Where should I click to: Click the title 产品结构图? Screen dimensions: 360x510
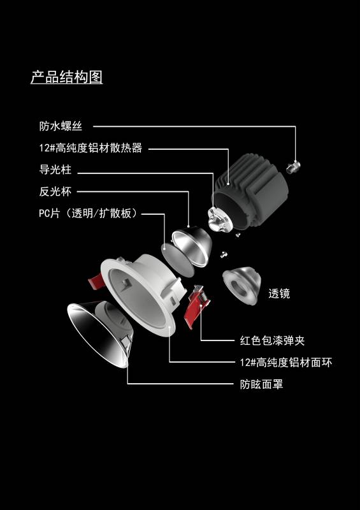[x=67, y=77]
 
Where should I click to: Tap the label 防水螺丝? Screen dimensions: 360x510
[x=61, y=126]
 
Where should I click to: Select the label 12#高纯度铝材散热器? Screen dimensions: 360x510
[x=90, y=148]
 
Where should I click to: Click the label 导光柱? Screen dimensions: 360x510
[x=55, y=170]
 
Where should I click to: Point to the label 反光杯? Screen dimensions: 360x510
[x=55, y=191]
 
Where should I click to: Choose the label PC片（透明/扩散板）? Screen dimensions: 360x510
[x=88, y=214]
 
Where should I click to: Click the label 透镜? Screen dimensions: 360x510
[x=279, y=293]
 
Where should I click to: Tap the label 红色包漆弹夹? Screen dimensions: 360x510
[x=272, y=340]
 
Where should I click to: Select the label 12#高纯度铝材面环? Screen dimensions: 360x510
[x=286, y=362]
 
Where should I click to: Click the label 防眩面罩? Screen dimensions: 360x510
[x=261, y=384]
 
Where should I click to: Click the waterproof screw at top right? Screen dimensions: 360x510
[x=293, y=167]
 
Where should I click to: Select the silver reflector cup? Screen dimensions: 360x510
[x=192, y=245]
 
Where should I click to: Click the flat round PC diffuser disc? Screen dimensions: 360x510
[x=177, y=260]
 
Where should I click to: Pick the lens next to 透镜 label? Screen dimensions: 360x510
[x=242, y=284]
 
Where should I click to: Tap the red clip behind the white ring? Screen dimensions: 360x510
[x=97, y=280]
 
